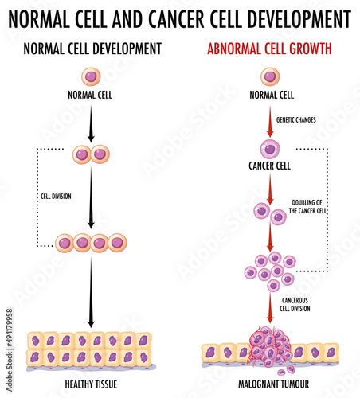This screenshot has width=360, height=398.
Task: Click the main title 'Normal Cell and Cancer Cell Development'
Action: click(180, 17)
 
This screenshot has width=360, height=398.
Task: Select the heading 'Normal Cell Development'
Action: click(92, 49)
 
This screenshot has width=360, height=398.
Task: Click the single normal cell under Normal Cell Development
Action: click(91, 77)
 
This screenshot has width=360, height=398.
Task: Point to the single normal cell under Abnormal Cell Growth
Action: click(269, 77)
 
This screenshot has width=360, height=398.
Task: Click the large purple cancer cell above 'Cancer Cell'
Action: click(269, 149)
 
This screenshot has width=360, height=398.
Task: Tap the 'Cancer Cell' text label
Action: click(269, 168)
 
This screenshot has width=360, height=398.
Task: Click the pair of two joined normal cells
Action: click(91, 154)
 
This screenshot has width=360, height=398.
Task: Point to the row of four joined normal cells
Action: click(91, 242)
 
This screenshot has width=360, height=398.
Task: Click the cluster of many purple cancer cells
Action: click(270, 269)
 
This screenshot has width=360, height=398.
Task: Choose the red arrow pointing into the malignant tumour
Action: click(269, 308)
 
